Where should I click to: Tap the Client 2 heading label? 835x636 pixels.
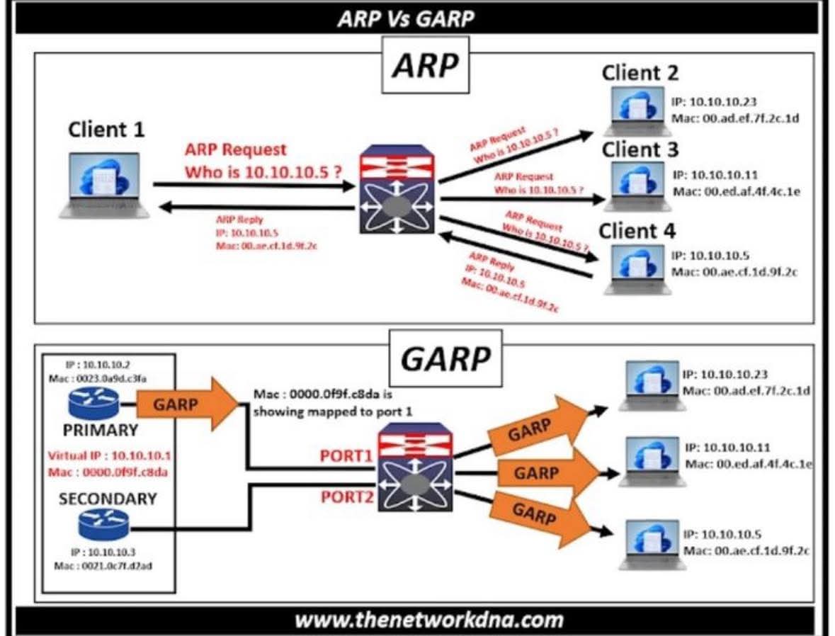tap(640, 72)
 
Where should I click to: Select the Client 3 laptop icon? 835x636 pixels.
tap(637, 187)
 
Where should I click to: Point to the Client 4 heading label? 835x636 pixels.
tap(637, 231)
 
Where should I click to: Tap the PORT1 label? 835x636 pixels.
tap(347, 456)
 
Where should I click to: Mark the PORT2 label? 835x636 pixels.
tap(347, 496)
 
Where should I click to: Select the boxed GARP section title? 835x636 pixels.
tap(445, 358)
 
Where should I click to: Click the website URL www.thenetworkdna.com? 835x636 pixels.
tap(428, 620)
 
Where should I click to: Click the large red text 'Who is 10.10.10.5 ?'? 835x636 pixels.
tap(264, 171)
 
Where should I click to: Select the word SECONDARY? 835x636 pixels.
tap(108, 499)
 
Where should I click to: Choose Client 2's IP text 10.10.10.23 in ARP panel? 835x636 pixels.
tap(715, 102)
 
